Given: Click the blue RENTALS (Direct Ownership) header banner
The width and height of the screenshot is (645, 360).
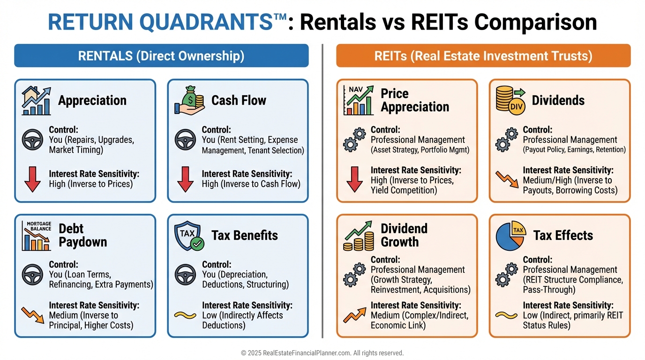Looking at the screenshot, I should coord(161,56).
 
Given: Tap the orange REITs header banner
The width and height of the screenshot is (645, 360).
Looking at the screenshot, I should coord(483,56).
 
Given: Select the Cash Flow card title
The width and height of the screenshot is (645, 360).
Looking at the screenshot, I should coord(239,100).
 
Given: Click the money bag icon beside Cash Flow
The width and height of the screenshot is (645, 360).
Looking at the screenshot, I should coord(189,100).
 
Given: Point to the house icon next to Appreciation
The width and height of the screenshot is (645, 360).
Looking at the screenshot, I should coord(36,100).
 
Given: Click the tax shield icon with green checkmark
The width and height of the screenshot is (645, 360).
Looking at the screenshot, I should coord(189,235).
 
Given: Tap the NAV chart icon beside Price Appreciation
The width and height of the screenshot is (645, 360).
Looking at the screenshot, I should coord(359,100).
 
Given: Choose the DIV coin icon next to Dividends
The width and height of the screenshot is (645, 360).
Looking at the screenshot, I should coord(510,100).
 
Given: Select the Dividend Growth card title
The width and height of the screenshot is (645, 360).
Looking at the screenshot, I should coord(404,235).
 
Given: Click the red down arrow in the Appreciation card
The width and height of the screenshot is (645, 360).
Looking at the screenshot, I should coord(32,180).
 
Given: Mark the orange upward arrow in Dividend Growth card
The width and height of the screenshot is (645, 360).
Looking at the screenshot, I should coord(354,315).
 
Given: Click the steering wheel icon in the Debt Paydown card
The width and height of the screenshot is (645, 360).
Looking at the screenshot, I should coord(32,275).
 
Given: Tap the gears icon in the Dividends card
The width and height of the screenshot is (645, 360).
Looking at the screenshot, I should coord(506,140).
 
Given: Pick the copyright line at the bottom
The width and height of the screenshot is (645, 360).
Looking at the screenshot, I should coord(322,353).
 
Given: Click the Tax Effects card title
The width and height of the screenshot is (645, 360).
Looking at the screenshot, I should coord(563,235).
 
